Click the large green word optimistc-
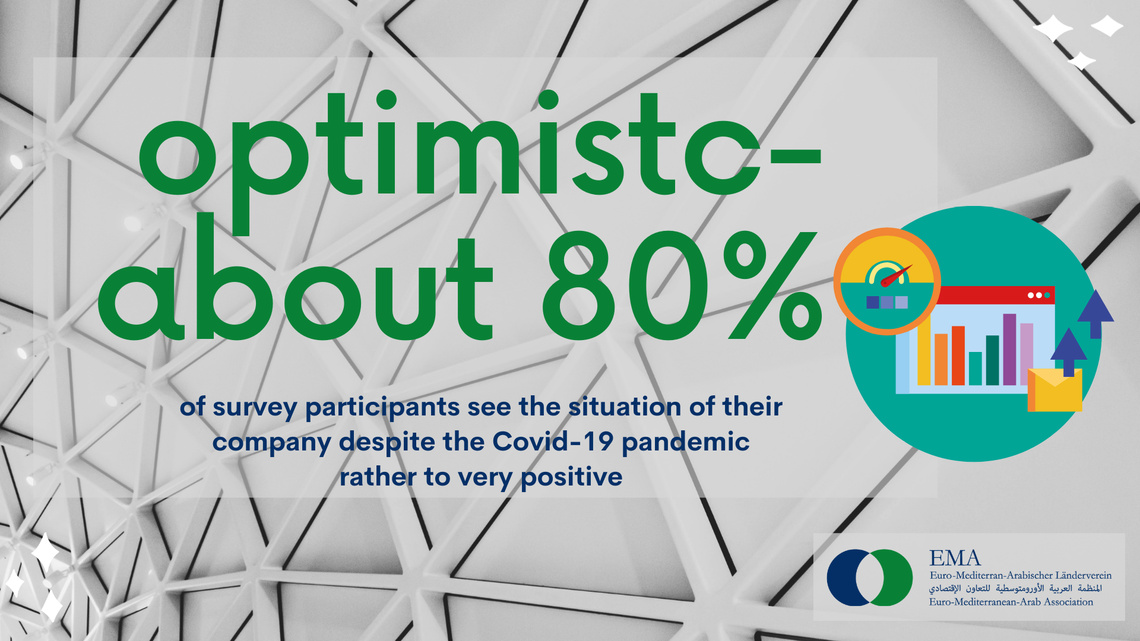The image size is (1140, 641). (479, 160)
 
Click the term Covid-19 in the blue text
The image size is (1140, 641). (553, 442)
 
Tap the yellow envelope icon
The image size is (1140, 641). (1055, 390)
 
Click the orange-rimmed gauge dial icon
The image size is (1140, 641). (887, 281)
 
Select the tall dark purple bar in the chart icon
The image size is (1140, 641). (1009, 349)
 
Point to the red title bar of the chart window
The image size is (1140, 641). (995, 295)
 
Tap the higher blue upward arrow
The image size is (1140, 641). (1095, 314)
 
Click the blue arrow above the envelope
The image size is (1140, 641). (1069, 352)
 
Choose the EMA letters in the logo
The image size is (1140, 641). (955, 558)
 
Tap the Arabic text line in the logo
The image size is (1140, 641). (1015, 588)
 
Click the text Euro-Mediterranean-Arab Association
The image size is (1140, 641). (1011, 602)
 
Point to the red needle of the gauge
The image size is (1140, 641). (897, 276)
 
